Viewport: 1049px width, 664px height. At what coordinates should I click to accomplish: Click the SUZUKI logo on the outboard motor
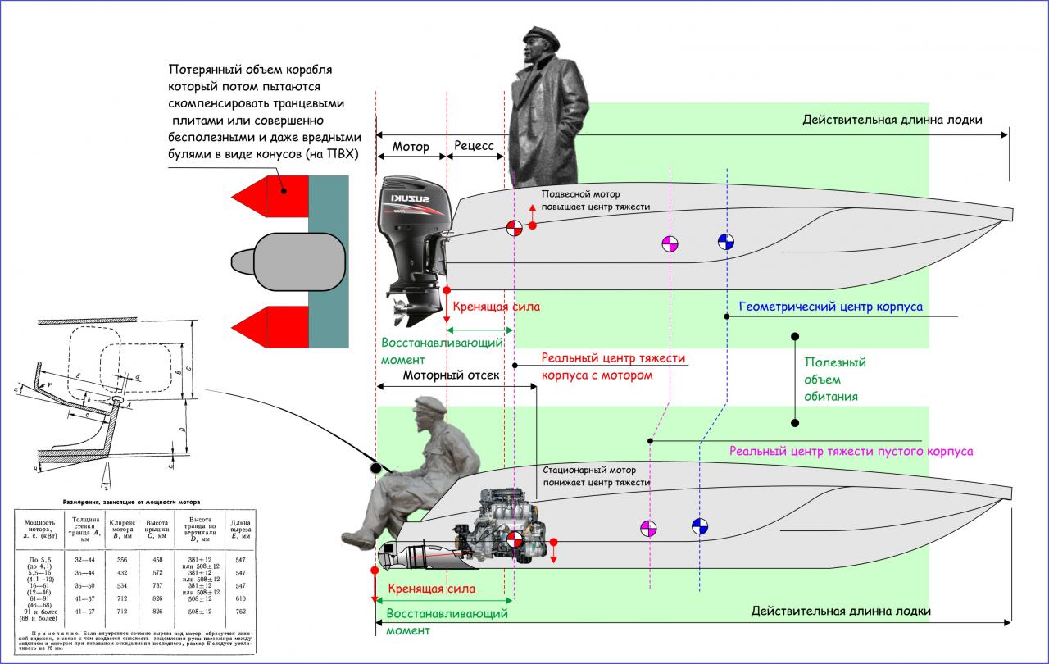pos(413,202)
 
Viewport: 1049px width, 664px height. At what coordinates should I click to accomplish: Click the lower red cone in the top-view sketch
pos(270,325)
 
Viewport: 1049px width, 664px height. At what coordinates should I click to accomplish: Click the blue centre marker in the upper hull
pos(726,242)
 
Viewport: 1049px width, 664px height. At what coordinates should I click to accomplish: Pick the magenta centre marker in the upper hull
pos(670,243)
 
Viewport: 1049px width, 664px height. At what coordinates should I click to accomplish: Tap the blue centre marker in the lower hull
pos(699,526)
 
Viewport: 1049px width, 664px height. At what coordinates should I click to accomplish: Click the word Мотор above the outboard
pos(411,147)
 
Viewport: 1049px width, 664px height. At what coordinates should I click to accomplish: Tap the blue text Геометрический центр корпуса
pos(830,307)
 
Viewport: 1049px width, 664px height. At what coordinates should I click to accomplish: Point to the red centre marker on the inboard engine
pos(515,540)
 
